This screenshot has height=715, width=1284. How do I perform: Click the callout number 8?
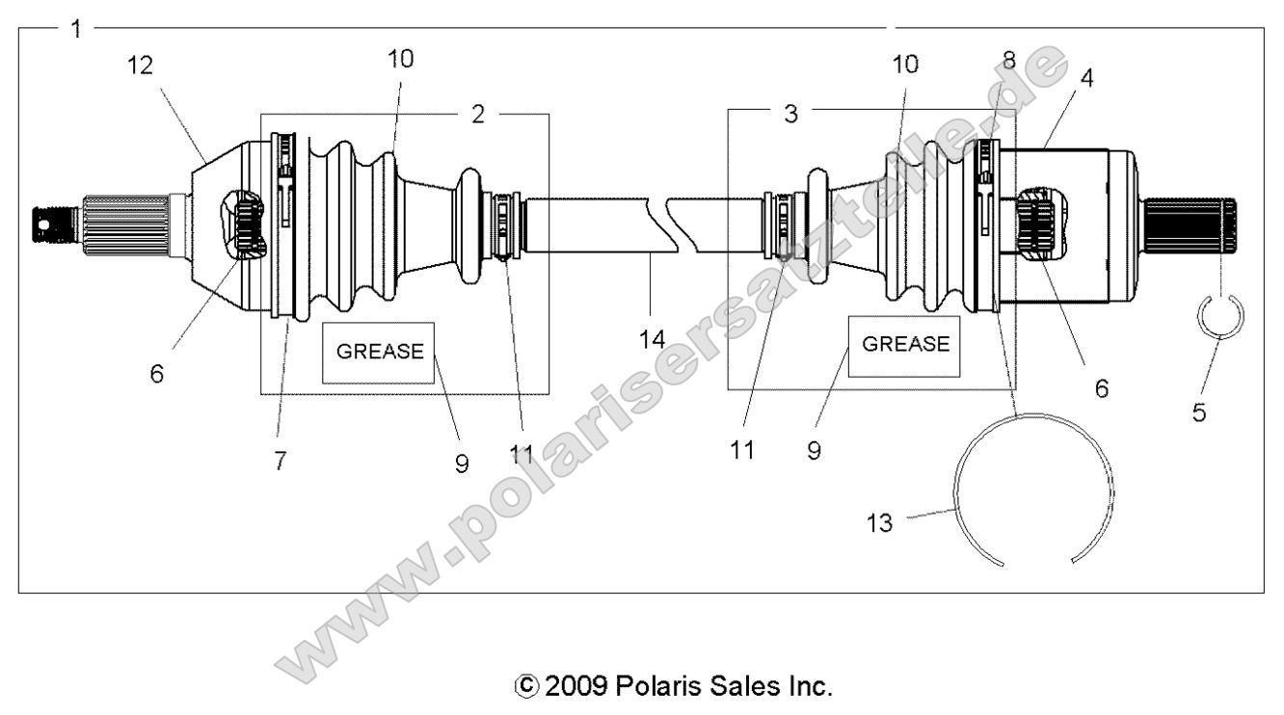click(1009, 59)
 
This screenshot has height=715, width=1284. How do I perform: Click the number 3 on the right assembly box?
click(791, 114)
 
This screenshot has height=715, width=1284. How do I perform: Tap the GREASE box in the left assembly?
click(378, 352)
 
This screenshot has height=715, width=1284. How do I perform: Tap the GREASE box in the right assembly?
click(905, 345)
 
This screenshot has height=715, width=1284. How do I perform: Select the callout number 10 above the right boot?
click(905, 66)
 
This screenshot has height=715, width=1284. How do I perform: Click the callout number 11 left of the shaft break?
click(522, 454)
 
